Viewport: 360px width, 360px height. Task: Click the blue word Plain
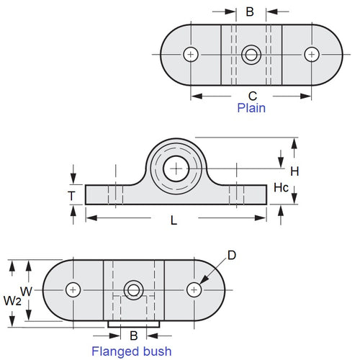[x=251, y=109]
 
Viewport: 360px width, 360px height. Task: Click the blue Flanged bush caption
[x=131, y=351]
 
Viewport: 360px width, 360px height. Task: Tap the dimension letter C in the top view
[x=252, y=95]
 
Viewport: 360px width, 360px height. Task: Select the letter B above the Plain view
[x=250, y=12]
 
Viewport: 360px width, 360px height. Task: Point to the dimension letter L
[x=173, y=221]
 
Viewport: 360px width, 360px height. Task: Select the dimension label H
[x=294, y=171]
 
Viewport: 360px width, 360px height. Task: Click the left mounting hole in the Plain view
[x=191, y=54]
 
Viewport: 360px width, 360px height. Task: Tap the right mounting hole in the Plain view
[x=312, y=54]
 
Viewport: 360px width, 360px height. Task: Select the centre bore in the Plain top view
[x=251, y=54]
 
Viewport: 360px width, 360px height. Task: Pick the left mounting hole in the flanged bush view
[x=73, y=289]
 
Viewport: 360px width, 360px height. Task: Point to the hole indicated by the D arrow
[x=193, y=289]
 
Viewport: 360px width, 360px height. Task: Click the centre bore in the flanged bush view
[x=133, y=289]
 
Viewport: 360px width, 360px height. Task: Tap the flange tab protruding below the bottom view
[x=133, y=323]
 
